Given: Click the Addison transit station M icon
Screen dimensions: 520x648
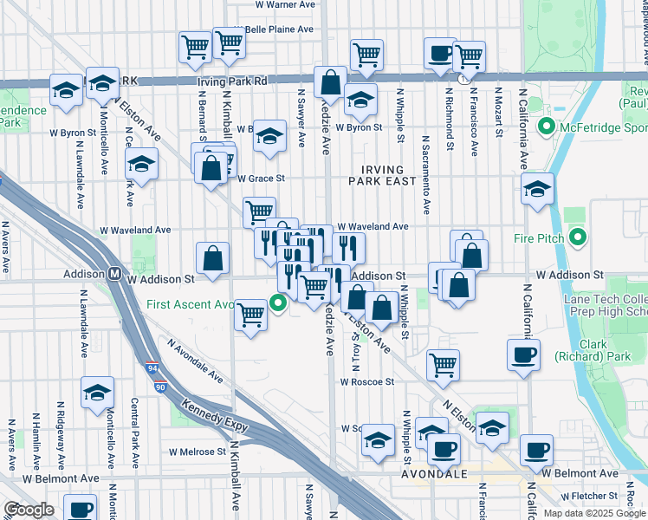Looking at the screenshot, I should coord(114,273).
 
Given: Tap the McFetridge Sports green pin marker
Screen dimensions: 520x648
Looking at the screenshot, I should coord(546,128).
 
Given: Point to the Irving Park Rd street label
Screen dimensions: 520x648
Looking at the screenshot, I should coord(231,81).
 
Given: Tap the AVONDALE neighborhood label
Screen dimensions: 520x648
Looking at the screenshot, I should coord(434,475).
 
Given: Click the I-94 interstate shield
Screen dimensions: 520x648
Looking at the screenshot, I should coord(152,367).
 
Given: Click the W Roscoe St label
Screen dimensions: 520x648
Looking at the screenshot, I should coord(367,381).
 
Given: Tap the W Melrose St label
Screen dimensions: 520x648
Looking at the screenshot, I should coord(197,452).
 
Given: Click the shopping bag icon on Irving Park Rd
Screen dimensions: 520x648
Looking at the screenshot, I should coord(330,83).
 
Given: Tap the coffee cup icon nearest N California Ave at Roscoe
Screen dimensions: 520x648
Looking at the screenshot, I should coord(522,354).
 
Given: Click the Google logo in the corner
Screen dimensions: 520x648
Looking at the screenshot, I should coord(29,510).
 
